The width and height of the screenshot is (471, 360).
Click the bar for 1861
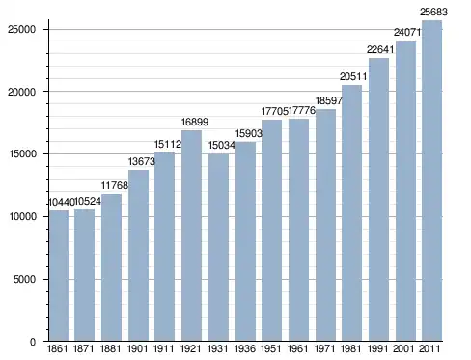point(59,275)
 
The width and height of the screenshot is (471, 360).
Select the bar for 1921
point(191,235)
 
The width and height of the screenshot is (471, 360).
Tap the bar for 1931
point(218,247)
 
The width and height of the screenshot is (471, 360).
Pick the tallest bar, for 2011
point(431,180)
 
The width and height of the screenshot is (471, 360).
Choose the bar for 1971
point(325,225)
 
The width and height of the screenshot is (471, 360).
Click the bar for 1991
point(378,200)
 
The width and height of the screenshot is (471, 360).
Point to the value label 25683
point(433,12)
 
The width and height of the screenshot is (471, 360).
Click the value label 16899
point(195,122)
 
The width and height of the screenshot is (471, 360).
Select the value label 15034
point(222,145)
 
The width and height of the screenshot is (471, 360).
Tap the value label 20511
point(353,76)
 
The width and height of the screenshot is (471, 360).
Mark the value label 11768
point(115,185)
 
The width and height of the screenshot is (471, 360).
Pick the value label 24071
point(407,32)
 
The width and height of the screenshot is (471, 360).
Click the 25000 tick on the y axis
point(21,29)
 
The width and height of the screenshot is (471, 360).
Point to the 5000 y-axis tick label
point(24,279)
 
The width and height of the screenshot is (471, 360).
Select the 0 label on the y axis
point(33,342)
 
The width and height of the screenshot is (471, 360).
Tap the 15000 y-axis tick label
point(21,153)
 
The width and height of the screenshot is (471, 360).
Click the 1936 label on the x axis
point(245,348)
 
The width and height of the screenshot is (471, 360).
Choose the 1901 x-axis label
point(138,348)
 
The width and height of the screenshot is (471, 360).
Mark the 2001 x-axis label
point(404,348)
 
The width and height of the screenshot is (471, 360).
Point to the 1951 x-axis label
point(271,348)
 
